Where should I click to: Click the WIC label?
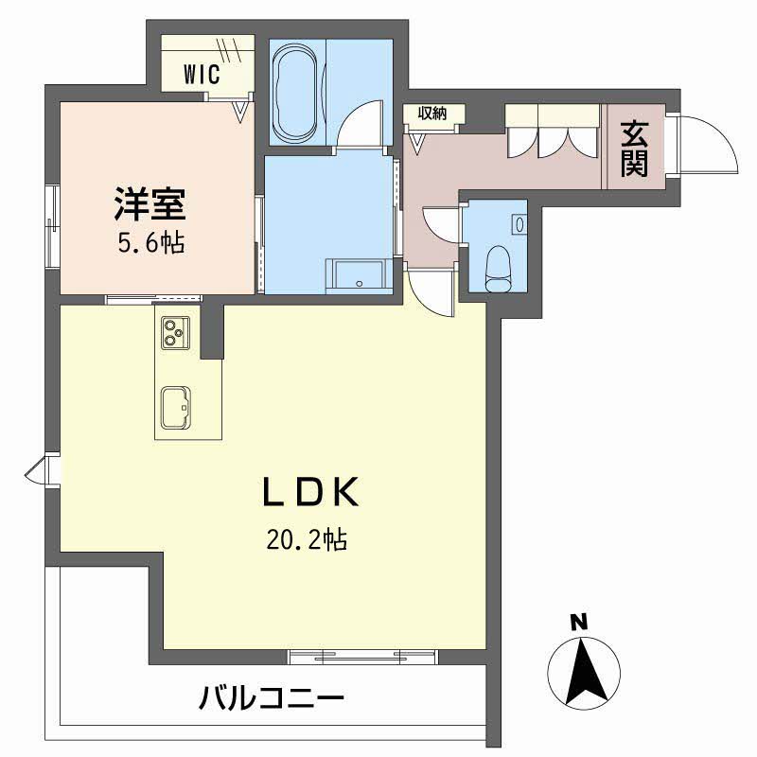pos(202,72)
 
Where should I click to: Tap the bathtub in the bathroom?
pos(298,91)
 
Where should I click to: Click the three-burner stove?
pos(172,332)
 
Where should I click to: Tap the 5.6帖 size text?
pos(150,243)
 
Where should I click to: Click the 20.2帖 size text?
pos(306,540)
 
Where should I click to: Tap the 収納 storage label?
pos(430,113)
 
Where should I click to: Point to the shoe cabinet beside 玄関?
pos(553,132)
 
